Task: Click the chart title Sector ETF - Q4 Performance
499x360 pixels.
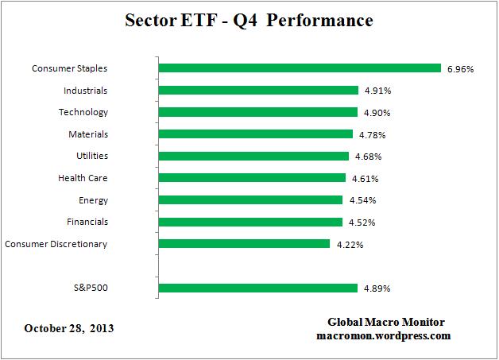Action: pyautogui.click(x=249, y=21)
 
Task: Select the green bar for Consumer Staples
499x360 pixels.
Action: pyautogui.click(x=300, y=68)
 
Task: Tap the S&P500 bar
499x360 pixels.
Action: pyautogui.click(x=258, y=288)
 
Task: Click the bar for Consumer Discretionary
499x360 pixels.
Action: pyautogui.click(x=244, y=244)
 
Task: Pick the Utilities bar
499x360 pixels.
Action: pyautogui.click(x=253, y=156)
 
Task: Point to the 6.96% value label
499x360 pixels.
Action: pyautogui.click(x=460, y=69)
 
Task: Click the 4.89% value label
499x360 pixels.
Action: pyautogui.click(x=377, y=288)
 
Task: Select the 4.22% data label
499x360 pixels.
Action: pyautogui.click(x=349, y=245)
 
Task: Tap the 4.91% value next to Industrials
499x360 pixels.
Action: pyautogui.click(x=377, y=91)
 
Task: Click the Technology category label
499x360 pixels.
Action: pyautogui.click(x=83, y=113)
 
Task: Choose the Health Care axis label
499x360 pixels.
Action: pyautogui.click(x=83, y=178)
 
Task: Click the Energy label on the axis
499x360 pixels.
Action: pyautogui.click(x=94, y=200)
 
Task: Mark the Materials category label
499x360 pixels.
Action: pyautogui.click(x=84, y=134)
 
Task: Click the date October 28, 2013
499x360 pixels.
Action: pyautogui.click(x=69, y=327)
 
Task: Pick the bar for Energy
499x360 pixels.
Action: pyautogui.click(x=250, y=200)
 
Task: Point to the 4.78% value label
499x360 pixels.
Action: pyautogui.click(x=372, y=135)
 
